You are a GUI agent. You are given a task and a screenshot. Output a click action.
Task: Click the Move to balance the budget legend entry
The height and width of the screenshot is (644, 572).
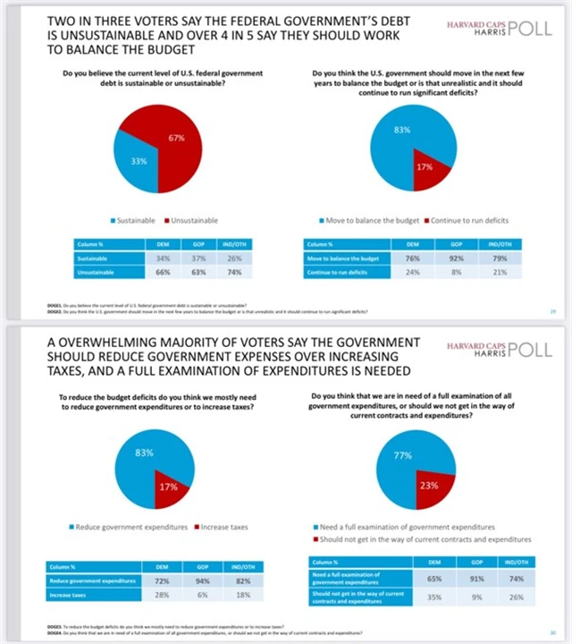[369, 220]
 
